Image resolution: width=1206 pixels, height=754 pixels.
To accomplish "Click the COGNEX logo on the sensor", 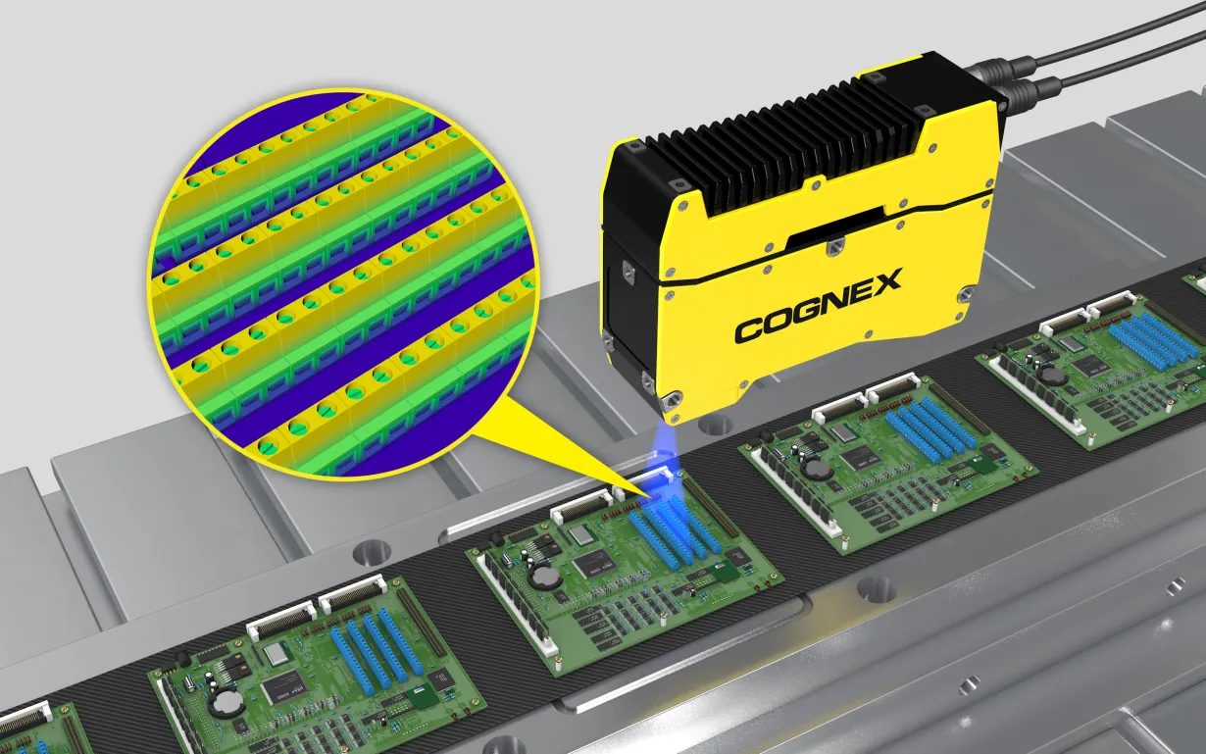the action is (x=819, y=306).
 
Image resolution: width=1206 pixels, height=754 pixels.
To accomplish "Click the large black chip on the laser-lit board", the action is (x=593, y=565).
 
